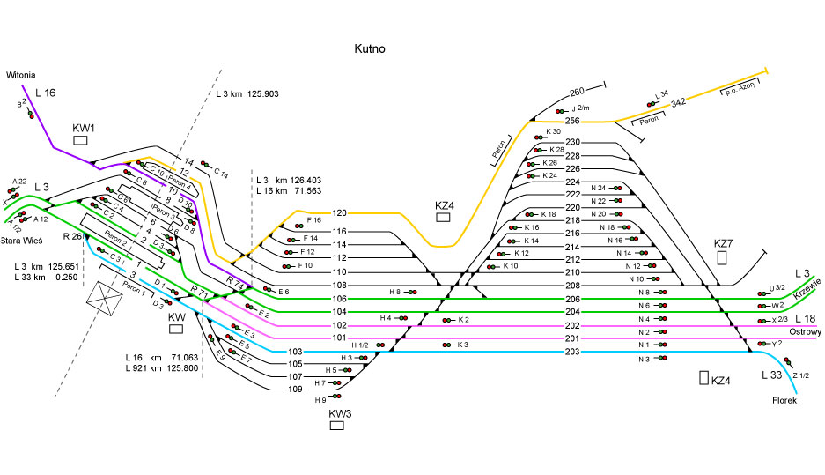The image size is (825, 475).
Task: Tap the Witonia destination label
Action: pyautogui.click(x=22, y=76)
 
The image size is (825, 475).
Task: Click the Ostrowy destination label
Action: pyautogui.click(x=803, y=332)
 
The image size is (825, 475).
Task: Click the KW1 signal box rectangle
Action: pyautogui.click(x=81, y=140)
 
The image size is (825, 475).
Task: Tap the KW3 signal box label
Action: pyautogui.click(x=340, y=412)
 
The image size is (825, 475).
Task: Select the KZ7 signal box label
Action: pyautogui.click(x=723, y=242)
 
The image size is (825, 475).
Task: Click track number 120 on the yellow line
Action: pyautogui.click(x=340, y=212)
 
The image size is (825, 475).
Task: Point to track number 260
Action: pyautogui.click(x=577, y=93)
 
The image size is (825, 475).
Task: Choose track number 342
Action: pyautogui.click(x=678, y=104)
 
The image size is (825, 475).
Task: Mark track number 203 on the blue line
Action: pyautogui.click(x=572, y=353)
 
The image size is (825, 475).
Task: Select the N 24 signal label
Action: pyautogui.click(x=599, y=188)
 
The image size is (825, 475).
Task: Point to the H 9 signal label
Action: pyautogui.click(x=320, y=400)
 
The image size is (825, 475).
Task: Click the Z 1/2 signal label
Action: pyautogui.click(x=799, y=375)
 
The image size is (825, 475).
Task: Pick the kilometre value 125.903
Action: pyautogui.click(x=261, y=93)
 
